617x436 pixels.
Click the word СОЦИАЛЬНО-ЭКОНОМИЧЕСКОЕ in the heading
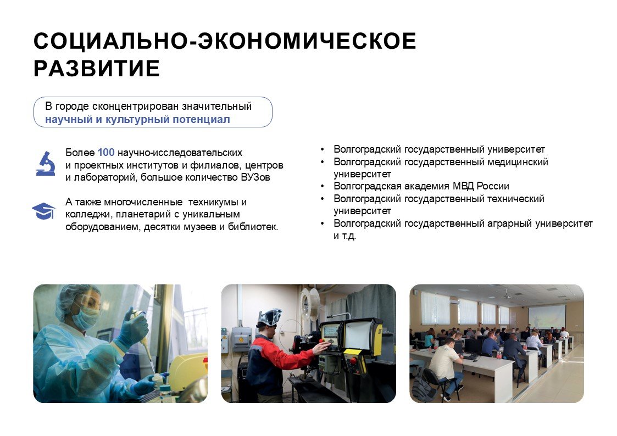tap(225, 42)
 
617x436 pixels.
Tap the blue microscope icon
tap(45, 163)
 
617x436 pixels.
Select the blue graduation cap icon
tap(43, 211)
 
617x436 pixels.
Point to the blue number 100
tap(105, 152)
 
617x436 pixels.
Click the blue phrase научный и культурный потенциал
tap(137, 119)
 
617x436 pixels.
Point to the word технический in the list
tap(515, 199)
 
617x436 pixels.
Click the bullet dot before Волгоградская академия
tap(323, 187)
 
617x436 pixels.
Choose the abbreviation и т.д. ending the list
tap(345, 236)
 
